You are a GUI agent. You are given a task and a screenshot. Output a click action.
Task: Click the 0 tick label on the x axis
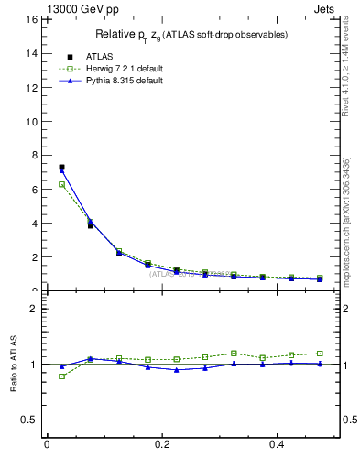[x=47, y=444]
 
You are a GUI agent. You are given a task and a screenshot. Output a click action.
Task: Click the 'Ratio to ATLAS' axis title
[x=14, y=364]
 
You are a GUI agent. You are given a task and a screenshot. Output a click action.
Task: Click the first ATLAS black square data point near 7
[x=61, y=168]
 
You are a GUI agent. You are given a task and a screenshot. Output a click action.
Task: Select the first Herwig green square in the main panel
[x=61, y=184]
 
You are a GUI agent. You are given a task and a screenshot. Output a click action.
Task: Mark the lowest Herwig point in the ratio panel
[x=61, y=376]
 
